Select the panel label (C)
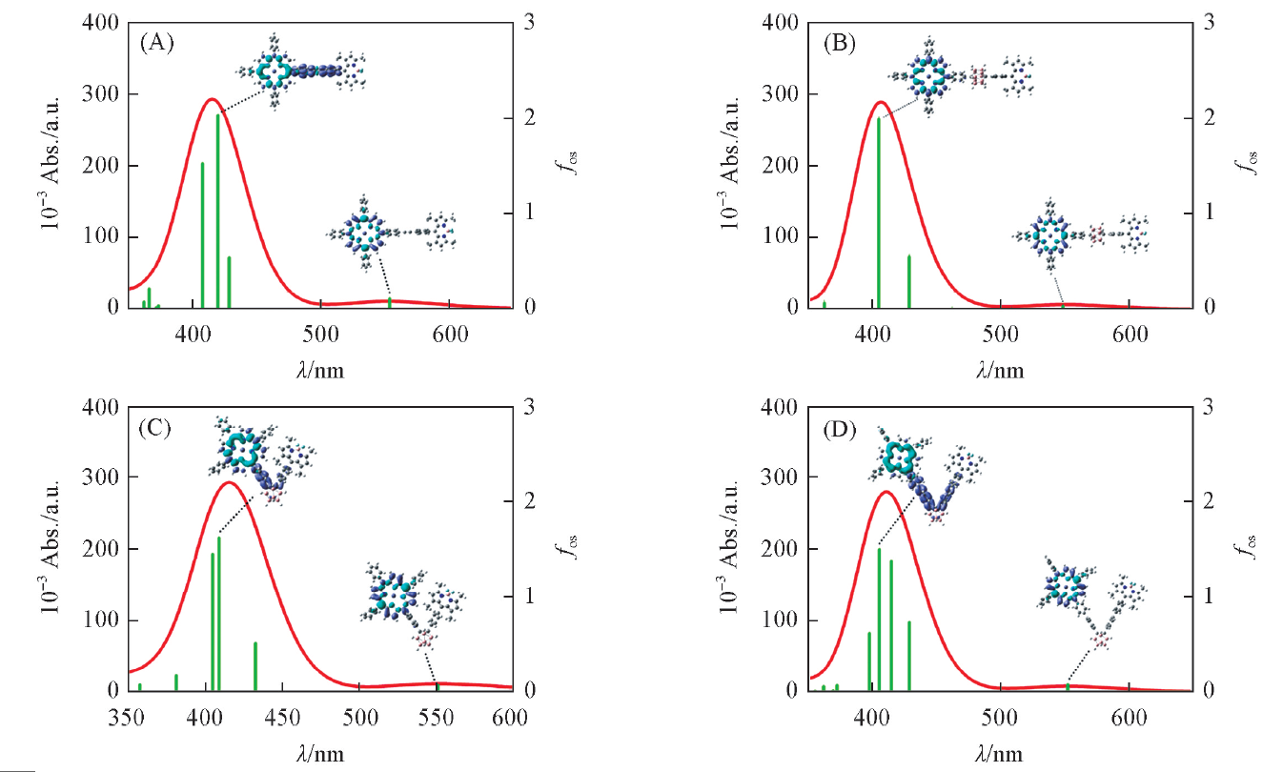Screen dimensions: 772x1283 [155, 427]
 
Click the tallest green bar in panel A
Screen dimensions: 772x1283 [217, 210]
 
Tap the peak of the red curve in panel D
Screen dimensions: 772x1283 [886, 492]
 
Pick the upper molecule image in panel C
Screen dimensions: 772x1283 [259, 455]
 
